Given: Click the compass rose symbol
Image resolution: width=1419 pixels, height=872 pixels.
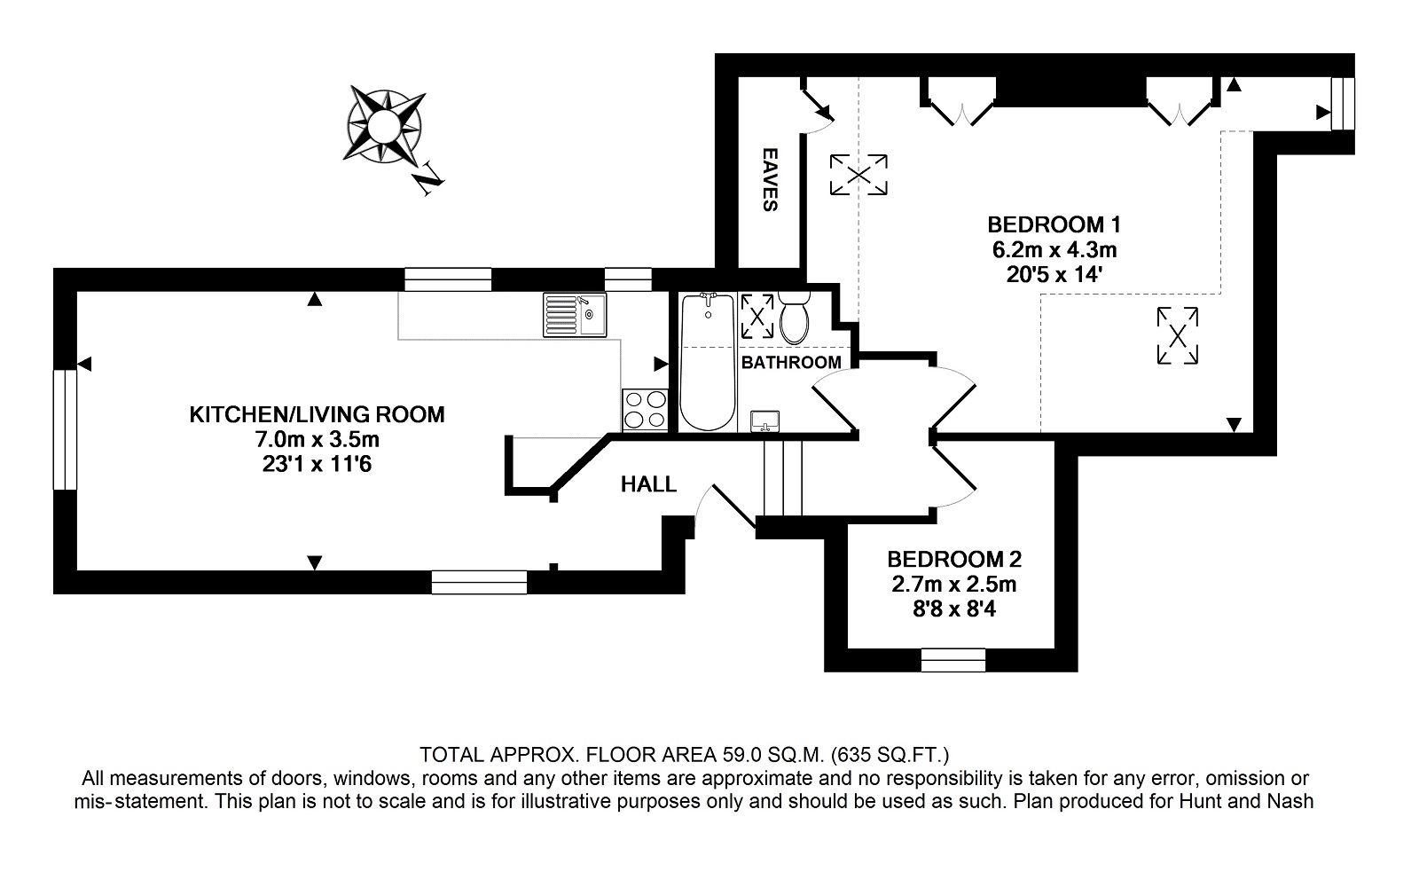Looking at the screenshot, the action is pos(383,125).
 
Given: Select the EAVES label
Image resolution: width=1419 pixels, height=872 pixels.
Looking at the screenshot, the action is pos(770,179).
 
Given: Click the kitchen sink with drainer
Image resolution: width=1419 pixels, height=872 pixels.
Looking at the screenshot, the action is pos(575,314).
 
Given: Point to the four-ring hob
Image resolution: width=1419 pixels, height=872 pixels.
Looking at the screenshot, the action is pos(645,409).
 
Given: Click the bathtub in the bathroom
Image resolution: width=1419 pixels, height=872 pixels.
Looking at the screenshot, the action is pos(708,362).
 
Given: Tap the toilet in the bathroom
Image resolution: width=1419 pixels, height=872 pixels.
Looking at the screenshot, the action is pos(794,318).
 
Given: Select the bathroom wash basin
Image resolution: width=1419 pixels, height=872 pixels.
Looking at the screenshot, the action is pos(764,420).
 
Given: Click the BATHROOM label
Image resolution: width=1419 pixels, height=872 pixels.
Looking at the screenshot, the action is pos(791,363).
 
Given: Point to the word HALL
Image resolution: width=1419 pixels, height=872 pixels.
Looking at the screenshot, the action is pos(648,484).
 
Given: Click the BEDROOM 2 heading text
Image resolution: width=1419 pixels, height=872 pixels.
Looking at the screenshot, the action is pos(954,559).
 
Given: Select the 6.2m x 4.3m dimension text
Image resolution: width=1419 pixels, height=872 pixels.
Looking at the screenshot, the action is pos(1054,249).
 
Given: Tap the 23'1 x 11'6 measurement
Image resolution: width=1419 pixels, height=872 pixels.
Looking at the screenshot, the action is pos(317,464).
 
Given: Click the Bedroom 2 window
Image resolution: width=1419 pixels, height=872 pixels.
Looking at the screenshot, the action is pos(953,660).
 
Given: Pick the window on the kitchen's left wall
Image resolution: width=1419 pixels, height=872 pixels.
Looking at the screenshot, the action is pos(65,429).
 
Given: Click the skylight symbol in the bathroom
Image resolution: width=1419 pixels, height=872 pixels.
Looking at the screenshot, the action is pos(757,316).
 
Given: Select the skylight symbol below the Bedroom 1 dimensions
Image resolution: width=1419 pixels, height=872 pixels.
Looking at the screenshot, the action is pos(1178,336).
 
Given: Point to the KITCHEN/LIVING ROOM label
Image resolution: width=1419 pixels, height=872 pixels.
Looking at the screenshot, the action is pos(317,414).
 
